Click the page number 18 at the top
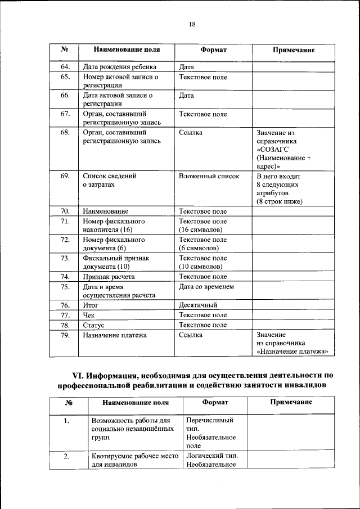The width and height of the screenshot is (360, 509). coord(192,24)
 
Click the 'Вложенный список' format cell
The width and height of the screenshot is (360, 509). coord(209,176)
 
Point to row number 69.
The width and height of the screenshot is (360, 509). coord(65,176)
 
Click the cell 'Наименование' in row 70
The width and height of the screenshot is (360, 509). coord(105,211)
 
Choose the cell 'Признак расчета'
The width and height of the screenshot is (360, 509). coord(109,277)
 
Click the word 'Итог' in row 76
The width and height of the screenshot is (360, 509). coord(91,305)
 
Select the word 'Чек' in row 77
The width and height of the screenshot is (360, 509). coord(89,315)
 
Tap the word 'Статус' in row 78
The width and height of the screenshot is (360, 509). coord(93,325)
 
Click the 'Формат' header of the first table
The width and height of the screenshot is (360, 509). coord(213,49)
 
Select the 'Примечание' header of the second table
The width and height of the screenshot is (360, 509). coord(291,402)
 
